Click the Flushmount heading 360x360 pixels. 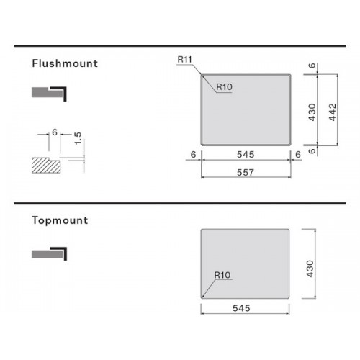click(x=65, y=63)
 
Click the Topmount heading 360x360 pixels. click(x=60, y=220)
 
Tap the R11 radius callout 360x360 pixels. click(x=185, y=59)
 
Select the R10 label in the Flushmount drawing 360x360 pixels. click(x=224, y=86)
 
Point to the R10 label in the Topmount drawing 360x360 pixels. click(x=222, y=275)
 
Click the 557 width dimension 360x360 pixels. click(x=246, y=172)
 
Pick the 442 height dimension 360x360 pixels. click(x=333, y=112)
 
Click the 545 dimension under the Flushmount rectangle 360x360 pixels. click(x=246, y=154)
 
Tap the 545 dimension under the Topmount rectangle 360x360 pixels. click(x=241, y=308)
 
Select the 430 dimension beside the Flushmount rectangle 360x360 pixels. click(x=312, y=112)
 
